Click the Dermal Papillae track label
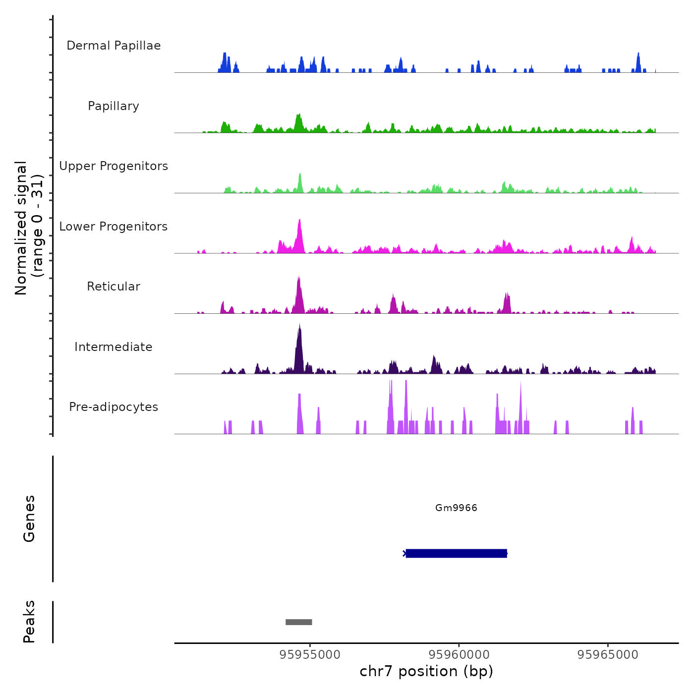(114, 46)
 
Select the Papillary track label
(114, 106)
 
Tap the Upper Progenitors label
(114, 166)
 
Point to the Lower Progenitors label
(114, 227)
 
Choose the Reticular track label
(114, 287)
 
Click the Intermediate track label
(114, 347)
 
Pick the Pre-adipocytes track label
(114, 407)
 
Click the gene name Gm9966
(456, 508)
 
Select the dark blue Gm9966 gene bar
(456, 553)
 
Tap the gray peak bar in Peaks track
(298, 622)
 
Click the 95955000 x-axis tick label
(310, 655)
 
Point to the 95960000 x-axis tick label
(459, 655)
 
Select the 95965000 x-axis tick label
(608, 655)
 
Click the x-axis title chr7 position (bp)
(426, 671)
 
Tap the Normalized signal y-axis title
(29, 228)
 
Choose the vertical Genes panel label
(29, 519)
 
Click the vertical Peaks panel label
(29, 622)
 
